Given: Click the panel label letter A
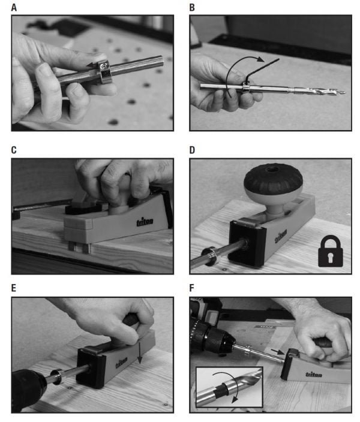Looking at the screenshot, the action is point(14,7).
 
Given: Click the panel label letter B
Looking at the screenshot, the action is point(192,7).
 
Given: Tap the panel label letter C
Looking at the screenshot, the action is point(14,150).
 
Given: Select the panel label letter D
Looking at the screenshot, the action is point(192,150).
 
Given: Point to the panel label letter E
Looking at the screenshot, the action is point(14,288).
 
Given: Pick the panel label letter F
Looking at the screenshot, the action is point(192,288).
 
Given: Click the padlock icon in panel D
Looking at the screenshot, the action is point(331,251).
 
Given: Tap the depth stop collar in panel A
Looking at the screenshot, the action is point(104,72).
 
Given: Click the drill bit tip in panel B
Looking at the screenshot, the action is point(344,93).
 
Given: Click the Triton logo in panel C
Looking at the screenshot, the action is point(145,222).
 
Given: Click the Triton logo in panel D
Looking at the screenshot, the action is point(281,236).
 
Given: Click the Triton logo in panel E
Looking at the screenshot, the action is point(122,362).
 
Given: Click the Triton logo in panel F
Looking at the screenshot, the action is point(314,375).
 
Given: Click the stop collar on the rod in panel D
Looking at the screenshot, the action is point(210,257).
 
